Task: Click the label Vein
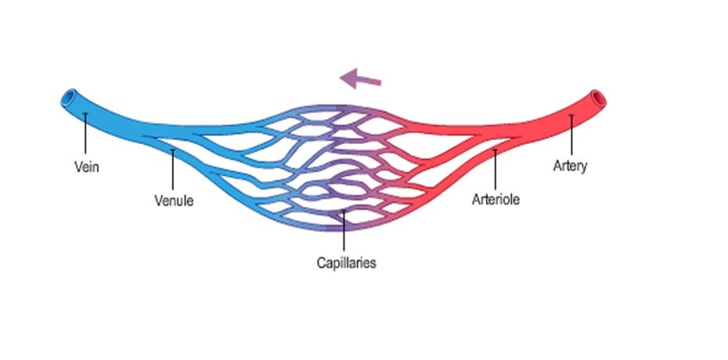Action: point(86,167)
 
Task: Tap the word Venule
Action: point(174,200)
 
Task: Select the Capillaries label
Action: point(346,263)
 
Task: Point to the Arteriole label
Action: point(496,199)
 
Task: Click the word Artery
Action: point(570,166)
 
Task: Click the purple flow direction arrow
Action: point(361,79)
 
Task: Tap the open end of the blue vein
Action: point(68,99)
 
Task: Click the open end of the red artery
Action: point(599,99)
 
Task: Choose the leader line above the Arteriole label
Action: point(495,167)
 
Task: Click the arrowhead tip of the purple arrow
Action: point(341,77)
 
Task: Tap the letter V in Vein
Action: point(77,167)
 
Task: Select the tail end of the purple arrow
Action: point(380,82)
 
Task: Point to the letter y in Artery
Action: point(583,167)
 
